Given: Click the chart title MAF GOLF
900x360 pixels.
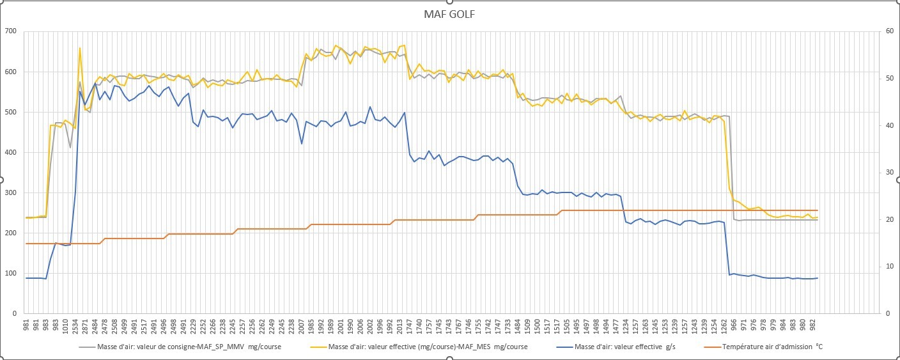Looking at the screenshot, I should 449,15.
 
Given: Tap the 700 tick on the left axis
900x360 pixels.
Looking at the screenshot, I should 10,31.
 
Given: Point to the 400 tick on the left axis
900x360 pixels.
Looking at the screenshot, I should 10,152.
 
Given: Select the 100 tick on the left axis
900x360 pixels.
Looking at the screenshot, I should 10,273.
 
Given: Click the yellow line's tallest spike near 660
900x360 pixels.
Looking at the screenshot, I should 80,48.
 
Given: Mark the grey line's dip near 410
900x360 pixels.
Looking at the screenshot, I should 70,148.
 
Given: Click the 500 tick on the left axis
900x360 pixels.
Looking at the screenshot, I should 10,112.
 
